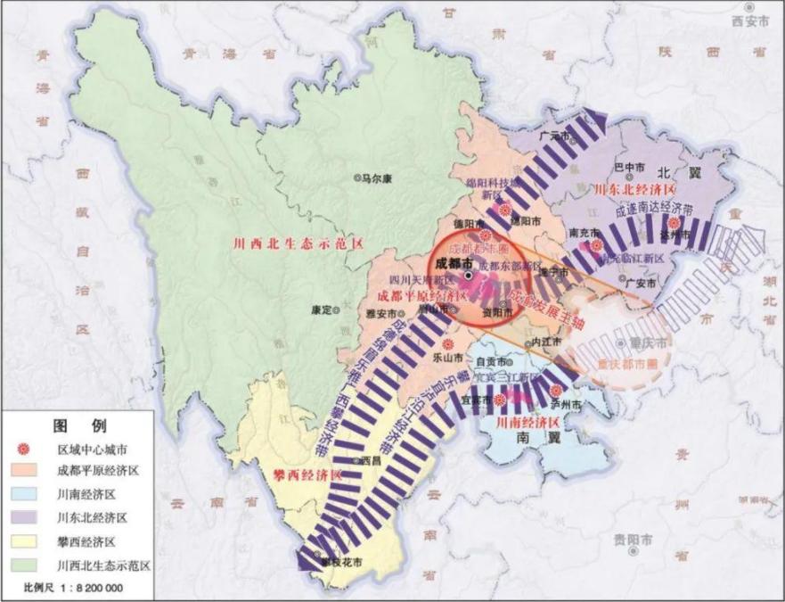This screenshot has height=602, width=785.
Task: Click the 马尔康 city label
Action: [x=377, y=178]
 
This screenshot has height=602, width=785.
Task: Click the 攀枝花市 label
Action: [x=342, y=562]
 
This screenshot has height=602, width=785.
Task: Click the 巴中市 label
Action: [x=631, y=166]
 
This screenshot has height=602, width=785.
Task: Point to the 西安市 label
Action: [x=750, y=21]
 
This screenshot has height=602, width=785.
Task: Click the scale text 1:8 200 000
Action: [x=89, y=589]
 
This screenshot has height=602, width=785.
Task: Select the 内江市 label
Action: [x=546, y=342]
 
